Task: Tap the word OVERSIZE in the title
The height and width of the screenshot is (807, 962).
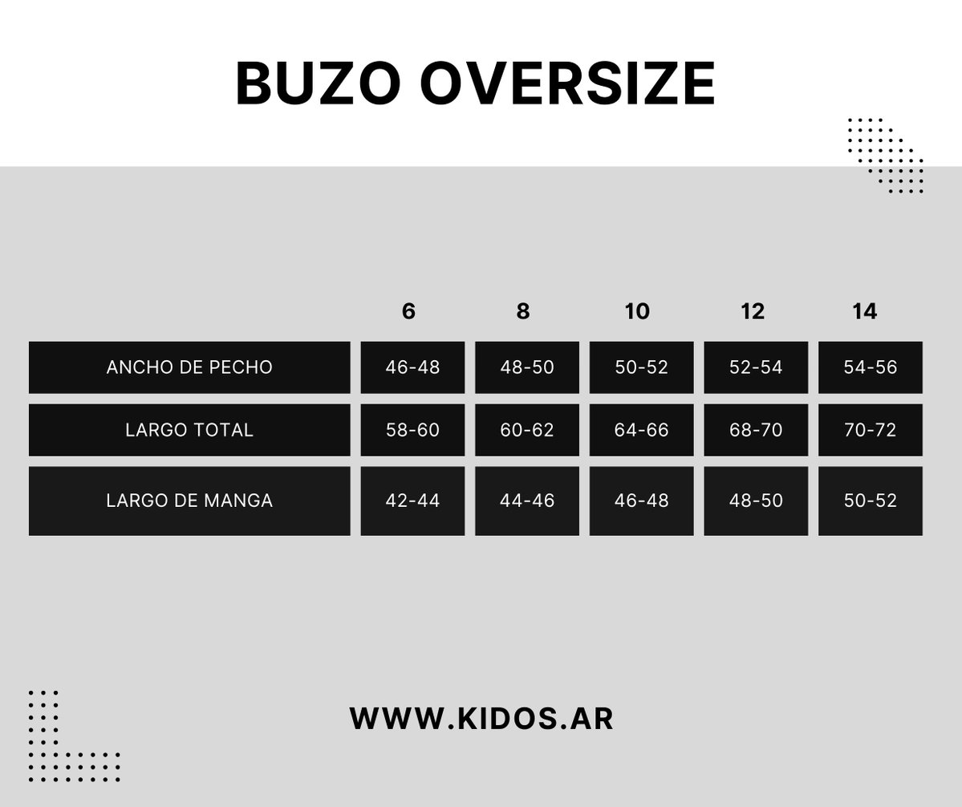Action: (567, 83)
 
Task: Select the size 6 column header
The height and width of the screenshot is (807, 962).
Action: (408, 311)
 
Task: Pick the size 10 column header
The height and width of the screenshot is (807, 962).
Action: (637, 311)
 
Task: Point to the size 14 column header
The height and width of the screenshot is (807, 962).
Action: (864, 311)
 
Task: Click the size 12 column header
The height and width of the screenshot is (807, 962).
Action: (753, 311)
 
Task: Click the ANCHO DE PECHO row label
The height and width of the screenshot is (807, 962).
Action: (189, 367)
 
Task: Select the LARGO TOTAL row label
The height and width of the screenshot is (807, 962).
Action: (189, 430)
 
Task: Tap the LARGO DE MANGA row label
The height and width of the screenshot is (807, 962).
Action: (189, 501)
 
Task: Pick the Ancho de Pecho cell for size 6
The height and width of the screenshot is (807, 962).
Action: (412, 367)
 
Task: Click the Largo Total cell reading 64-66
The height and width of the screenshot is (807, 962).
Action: (641, 430)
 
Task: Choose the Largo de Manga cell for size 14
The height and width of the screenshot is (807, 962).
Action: (870, 501)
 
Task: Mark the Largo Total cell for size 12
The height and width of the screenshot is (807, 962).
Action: (756, 430)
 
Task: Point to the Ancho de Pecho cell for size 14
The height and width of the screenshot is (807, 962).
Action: (870, 367)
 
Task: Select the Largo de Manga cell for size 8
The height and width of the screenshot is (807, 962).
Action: (527, 501)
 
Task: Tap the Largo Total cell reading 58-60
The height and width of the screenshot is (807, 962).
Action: (412, 430)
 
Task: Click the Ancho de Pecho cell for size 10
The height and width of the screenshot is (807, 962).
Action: (641, 367)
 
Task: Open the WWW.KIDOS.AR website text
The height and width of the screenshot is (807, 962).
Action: (481, 719)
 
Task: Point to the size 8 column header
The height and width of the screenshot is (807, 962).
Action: (522, 311)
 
